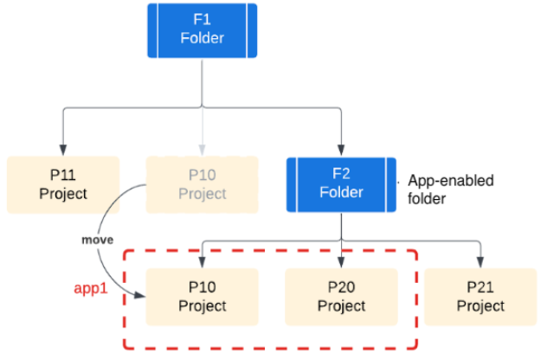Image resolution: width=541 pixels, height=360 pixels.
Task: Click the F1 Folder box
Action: coord(202,30)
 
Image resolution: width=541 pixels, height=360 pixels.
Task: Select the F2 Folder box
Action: coord(341,184)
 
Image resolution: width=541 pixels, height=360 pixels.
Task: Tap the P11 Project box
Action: coord(63,184)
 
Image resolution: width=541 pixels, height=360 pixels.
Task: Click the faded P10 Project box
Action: coord(202,184)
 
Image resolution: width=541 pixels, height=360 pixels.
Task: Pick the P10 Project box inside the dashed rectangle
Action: coord(202,297)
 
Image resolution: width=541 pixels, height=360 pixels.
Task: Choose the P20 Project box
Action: coord(341,297)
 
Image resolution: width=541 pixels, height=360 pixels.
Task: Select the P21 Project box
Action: coord(480,297)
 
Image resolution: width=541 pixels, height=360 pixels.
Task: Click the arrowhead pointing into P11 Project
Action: coord(63,149)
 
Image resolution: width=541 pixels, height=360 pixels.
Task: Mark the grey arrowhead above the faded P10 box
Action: coord(202,149)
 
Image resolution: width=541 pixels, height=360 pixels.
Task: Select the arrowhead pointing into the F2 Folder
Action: coord(341,149)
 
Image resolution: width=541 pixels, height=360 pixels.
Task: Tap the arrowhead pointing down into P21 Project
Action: coord(480,261)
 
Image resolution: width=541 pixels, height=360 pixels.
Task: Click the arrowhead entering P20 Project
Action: coord(341,261)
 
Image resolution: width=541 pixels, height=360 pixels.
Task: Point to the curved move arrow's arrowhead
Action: coord(139,297)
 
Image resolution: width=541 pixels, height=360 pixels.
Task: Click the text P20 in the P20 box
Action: coord(341,288)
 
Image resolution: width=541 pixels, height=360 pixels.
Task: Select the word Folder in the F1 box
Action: coord(202,38)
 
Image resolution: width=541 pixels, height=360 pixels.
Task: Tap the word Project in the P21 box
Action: coord(480,306)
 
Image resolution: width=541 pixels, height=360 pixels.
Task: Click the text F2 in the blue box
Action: coord(341,175)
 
